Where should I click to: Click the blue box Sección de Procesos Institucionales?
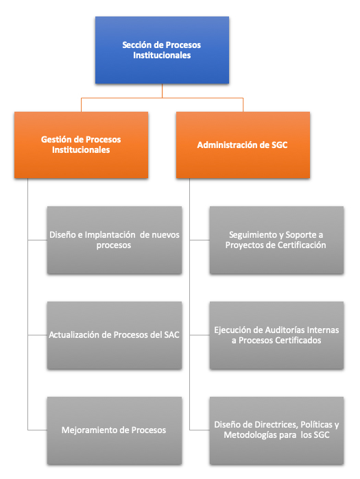click(162, 50)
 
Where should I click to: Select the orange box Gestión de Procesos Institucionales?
click(82, 145)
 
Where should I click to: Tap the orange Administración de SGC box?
click(243, 145)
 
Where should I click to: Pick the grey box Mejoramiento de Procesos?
click(115, 430)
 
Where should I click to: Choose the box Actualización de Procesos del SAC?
click(115, 335)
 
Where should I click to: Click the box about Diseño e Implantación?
click(115, 240)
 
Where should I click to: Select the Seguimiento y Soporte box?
click(276, 240)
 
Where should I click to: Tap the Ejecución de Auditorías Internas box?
click(276, 335)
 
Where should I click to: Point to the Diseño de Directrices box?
click(276, 430)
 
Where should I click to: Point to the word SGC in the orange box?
click(279, 145)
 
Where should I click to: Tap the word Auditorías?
click(285, 330)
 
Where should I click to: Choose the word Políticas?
click(316, 425)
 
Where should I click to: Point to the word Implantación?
click(110, 235)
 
